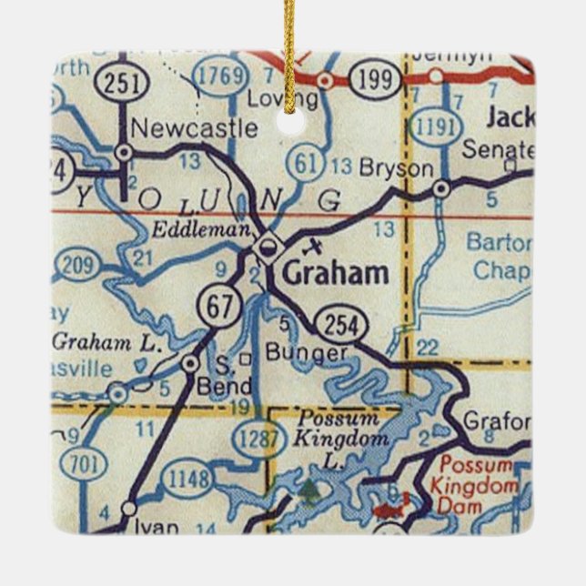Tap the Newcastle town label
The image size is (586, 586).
coord(194,128)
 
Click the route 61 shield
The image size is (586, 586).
coord(305,163)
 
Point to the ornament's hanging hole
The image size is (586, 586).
coord(290,120)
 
